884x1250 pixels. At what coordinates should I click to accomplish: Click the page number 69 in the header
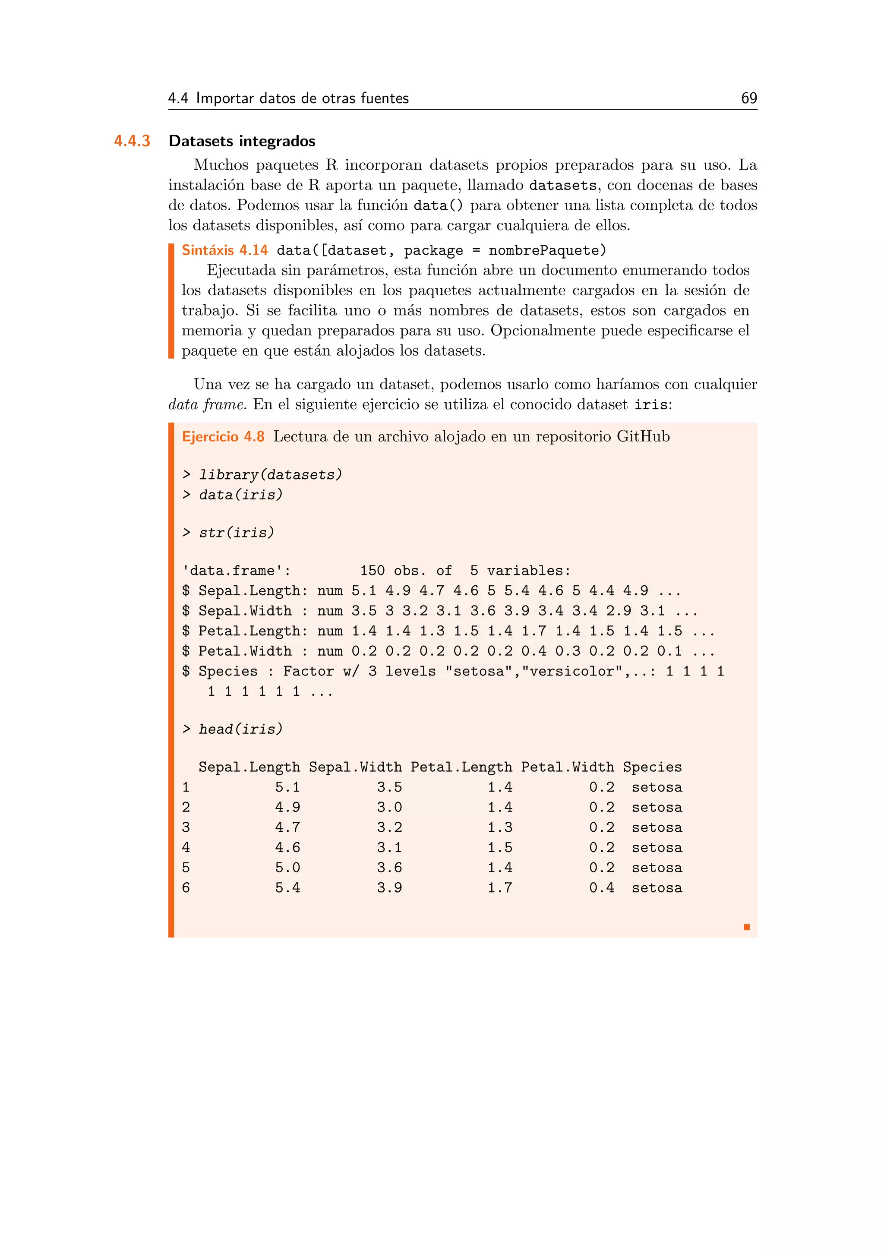click(x=748, y=98)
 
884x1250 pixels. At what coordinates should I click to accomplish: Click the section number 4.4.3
click(x=132, y=141)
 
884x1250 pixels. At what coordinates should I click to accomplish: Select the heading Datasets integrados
click(x=242, y=141)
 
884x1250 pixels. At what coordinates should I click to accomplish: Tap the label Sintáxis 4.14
click(x=224, y=250)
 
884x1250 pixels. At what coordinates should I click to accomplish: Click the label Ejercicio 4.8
click(x=223, y=437)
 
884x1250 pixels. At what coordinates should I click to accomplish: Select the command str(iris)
click(x=236, y=533)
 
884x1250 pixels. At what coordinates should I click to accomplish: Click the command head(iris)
click(x=240, y=729)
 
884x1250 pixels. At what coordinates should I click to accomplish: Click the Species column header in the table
click(x=652, y=767)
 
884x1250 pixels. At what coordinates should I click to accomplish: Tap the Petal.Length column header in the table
click(x=461, y=767)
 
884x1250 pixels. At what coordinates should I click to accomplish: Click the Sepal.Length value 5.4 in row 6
click(x=287, y=888)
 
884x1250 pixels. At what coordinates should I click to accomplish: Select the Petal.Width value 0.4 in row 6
click(x=601, y=888)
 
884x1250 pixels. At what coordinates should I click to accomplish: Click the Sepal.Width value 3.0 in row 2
click(x=389, y=808)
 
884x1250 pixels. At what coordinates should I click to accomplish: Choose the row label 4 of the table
click(x=186, y=848)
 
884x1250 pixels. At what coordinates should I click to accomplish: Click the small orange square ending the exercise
click(x=746, y=927)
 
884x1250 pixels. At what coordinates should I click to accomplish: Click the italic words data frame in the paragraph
click(x=206, y=404)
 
